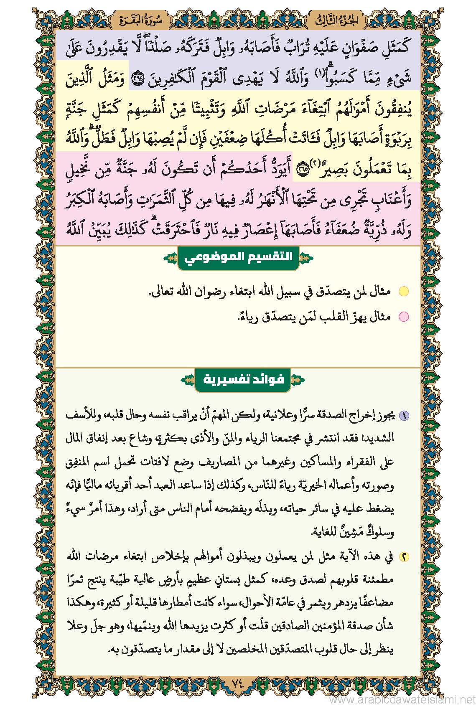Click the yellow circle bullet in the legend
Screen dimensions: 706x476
tap(403, 292)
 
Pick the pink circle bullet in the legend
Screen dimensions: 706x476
tap(403, 317)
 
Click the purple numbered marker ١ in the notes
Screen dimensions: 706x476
tap(405, 415)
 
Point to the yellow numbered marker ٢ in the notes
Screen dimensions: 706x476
tap(405, 557)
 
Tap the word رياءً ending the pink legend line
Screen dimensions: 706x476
tap(247, 317)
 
